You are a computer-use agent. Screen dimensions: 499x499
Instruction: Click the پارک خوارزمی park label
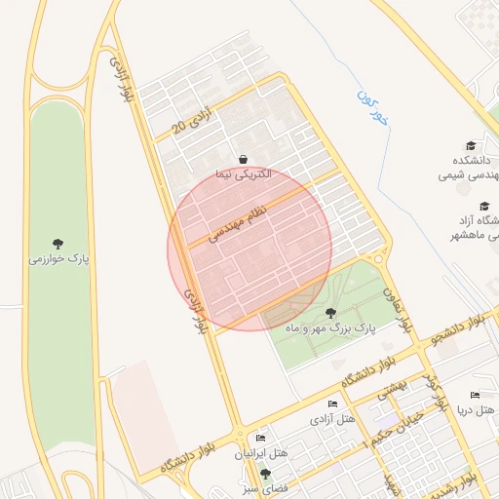pyautogui.click(x=58, y=260)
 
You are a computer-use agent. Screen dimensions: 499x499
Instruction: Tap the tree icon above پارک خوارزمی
pyautogui.click(x=58, y=244)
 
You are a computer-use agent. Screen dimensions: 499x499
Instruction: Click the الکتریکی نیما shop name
pyautogui.click(x=243, y=174)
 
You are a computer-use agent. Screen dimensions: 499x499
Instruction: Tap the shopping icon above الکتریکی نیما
pyautogui.click(x=243, y=159)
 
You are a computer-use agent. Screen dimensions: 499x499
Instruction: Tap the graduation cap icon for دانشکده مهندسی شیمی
pyautogui.click(x=472, y=144)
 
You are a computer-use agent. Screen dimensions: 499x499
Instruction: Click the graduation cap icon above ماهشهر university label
pyautogui.click(x=484, y=206)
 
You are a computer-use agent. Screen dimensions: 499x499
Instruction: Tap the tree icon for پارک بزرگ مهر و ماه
pyautogui.click(x=330, y=313)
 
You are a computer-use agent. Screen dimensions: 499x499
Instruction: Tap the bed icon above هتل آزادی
pyautogui.click(x=332, y=404)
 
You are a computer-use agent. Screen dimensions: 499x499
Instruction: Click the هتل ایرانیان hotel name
pyautogui.click(x=261, y=455)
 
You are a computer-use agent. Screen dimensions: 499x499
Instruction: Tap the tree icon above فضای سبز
pyautogui.click(x=264, y=473)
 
